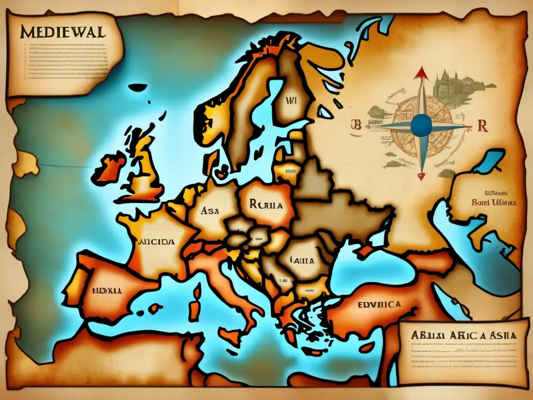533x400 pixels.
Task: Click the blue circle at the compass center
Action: click(421, 125)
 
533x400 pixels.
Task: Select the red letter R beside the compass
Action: click(481, 127)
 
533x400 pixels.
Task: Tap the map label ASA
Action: click(210, 211)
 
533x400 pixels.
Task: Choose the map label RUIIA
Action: click(266, 205)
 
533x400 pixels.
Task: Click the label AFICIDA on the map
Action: click(156, 242)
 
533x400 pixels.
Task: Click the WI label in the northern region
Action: click(290, 102)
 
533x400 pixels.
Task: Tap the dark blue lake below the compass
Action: click(488, 161)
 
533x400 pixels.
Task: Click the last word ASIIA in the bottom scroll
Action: click(498, 335)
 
